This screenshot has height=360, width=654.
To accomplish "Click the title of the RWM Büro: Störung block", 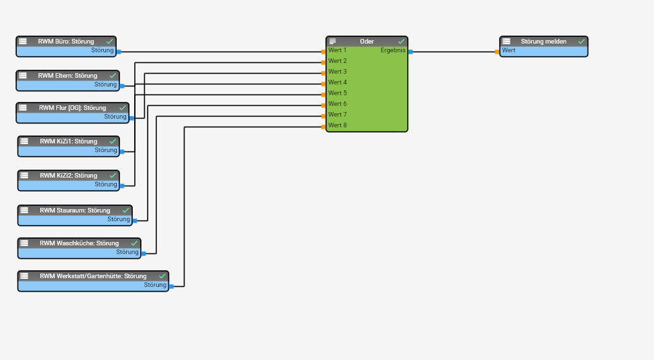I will tap(66, 42).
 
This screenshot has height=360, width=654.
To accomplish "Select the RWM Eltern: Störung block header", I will tap(67, 76).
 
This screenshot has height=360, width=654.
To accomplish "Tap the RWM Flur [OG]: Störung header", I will tap(72, 108).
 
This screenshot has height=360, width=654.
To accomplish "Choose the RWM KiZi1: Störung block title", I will tap(68, 141).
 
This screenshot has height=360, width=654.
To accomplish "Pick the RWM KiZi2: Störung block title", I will tap(68, 176).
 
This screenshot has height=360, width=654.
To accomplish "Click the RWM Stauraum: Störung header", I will tap(74, 211).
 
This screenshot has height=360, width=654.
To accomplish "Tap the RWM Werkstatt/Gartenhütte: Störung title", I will tap(93, 276).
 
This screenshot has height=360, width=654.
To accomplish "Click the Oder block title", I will tap(367, 42).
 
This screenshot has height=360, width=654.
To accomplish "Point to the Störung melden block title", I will tap(543, 42).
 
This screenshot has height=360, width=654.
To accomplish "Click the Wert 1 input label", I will tap(337, 50).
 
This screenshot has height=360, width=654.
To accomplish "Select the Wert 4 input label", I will tap(337, 82).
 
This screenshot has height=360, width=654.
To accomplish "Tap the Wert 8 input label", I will tap(337, 125).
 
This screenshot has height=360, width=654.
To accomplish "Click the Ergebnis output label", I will tap(392, 50).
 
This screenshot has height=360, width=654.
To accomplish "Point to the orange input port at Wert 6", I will tap(323, 105).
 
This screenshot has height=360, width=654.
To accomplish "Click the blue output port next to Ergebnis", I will tap(411, 52).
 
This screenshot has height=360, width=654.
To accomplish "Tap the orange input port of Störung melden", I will tap(497, 52).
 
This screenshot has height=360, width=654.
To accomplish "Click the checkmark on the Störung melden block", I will tap(581, 42).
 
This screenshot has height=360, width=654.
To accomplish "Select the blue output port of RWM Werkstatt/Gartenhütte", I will tap(171, 286).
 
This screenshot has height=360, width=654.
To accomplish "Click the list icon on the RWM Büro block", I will tap(23, 42).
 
